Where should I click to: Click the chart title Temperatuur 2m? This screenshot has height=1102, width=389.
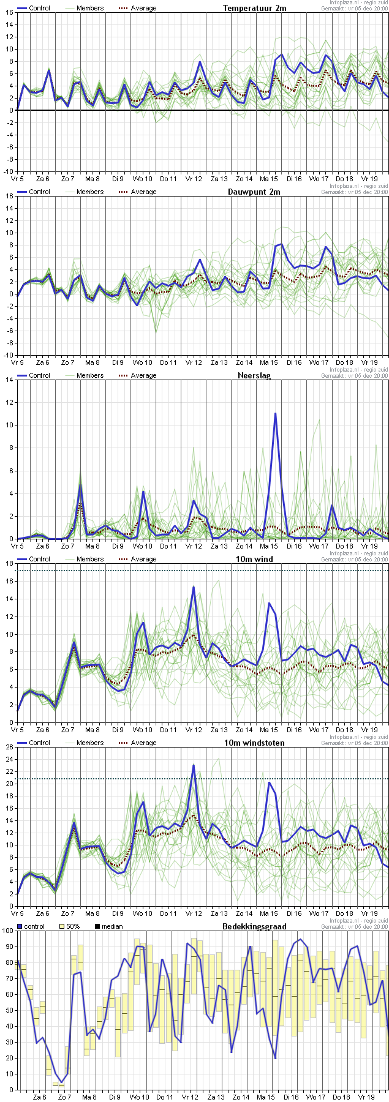click(x=254, y=8)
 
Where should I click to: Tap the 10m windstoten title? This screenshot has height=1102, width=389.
click(x=260, y=743)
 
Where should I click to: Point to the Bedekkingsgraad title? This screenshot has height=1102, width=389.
click(x=254, y=926)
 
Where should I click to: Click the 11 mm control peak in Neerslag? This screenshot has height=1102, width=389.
click(x=276, y=413)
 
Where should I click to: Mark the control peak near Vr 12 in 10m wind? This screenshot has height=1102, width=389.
click(x=194, y=587)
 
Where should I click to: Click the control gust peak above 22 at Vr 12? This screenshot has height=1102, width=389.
click(x=194, y=765)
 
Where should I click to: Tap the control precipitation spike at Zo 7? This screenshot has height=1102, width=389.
click(x=80, y=485)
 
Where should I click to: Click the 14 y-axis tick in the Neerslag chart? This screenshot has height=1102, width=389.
click(x=9, y=380)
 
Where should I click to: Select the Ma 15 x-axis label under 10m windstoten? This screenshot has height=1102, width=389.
click(x=269, y=913)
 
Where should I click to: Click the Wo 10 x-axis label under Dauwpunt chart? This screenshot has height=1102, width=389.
click(x=143, y=362)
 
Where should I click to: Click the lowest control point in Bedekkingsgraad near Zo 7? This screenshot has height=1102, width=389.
click(x=61, y=1082)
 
